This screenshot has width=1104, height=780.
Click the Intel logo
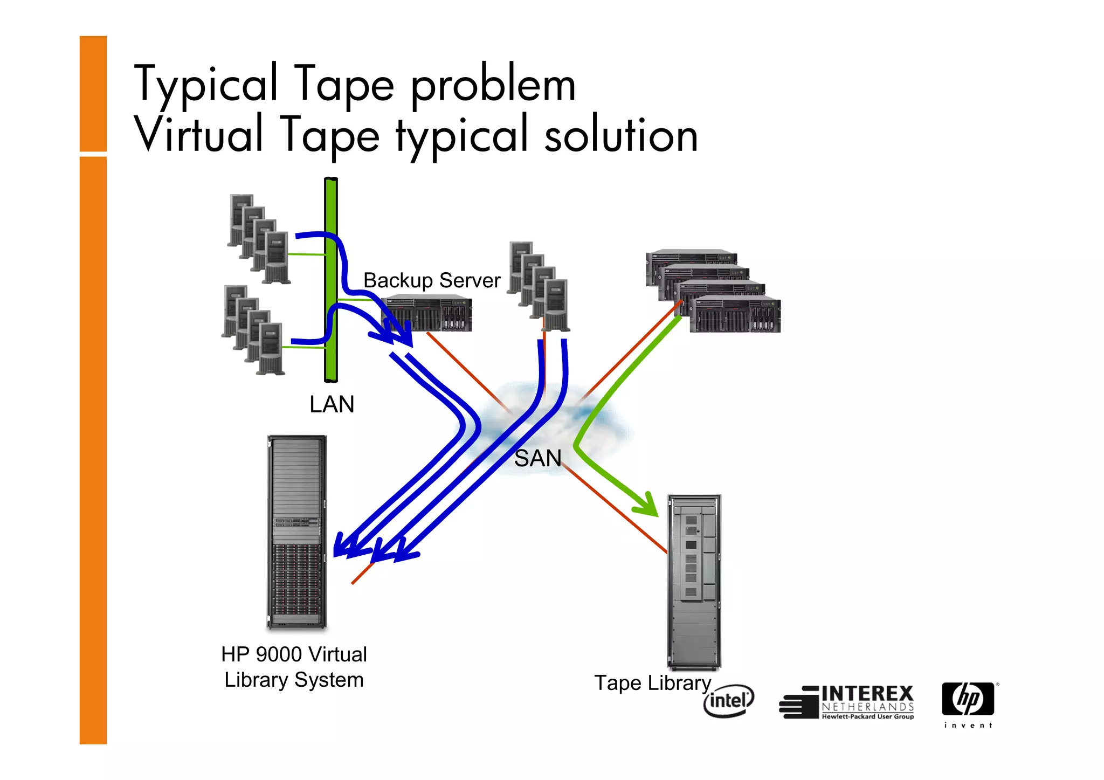tap(728, 701)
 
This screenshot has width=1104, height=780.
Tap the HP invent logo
tap(968, 703)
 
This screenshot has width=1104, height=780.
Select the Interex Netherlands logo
tap(847, 702)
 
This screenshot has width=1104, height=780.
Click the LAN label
tap(332, 404)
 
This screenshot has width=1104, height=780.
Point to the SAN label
tap(537, 459)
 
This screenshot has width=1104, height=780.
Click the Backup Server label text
tap(432, 280)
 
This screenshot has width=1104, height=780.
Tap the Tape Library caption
tap(652, 683)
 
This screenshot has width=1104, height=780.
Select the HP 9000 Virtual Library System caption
tap(294, 667)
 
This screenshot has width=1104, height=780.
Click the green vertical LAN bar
tap(331, 280)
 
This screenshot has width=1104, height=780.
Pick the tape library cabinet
tap(694, 582)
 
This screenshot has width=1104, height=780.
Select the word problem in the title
tap(493, 85)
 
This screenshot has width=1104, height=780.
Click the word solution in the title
tap(621, 136)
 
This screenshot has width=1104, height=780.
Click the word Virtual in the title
tap(198, 135)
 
